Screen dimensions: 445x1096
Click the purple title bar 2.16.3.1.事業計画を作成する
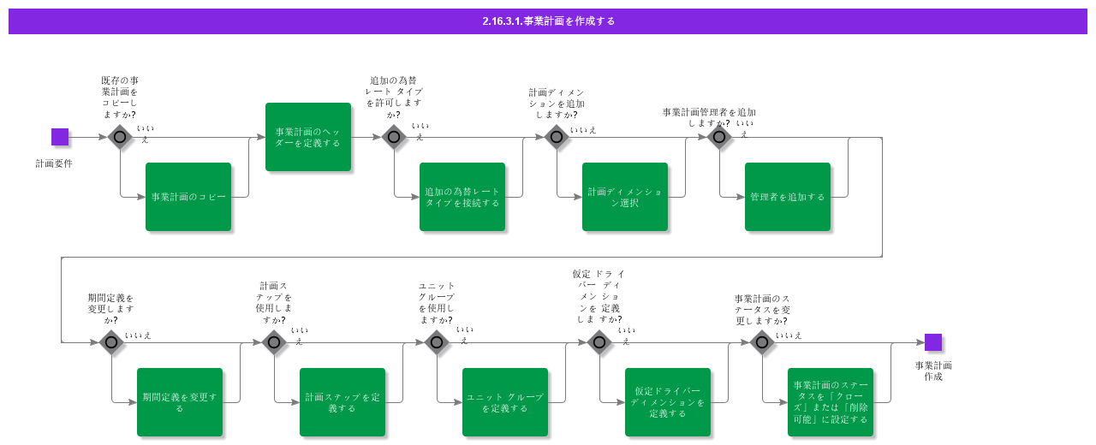coord(548,21)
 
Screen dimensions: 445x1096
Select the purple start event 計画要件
coord(60,137)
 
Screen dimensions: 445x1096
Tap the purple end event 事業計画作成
coord(933,342)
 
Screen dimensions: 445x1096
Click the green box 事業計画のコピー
coord(188,197)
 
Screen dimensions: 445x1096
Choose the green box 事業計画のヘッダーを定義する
coord(308,137)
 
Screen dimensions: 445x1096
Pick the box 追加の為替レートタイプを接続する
coord(462,197)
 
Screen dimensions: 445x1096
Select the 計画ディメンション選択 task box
coord(625,197)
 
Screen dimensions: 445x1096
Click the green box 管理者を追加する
coord(788,197)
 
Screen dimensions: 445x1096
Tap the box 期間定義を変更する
coord(180,402)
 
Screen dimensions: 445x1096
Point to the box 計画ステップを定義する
coord(342,402)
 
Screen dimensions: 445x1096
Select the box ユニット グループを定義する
coord(505,402)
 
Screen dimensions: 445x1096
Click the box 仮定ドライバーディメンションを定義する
coord(668,402)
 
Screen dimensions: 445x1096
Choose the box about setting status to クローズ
coord(831,402)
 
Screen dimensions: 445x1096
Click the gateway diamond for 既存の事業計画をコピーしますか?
coord(120,137)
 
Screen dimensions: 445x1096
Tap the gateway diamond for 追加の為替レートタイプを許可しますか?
coord(394,137)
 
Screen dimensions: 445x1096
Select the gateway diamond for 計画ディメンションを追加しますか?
coord(557,137)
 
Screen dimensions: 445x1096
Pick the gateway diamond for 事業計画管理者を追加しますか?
coord(719,137)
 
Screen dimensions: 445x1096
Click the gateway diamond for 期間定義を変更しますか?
coord(111,342)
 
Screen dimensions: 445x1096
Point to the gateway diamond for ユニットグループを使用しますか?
coord(437,342)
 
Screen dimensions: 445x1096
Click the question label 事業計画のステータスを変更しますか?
coord(762,310)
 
